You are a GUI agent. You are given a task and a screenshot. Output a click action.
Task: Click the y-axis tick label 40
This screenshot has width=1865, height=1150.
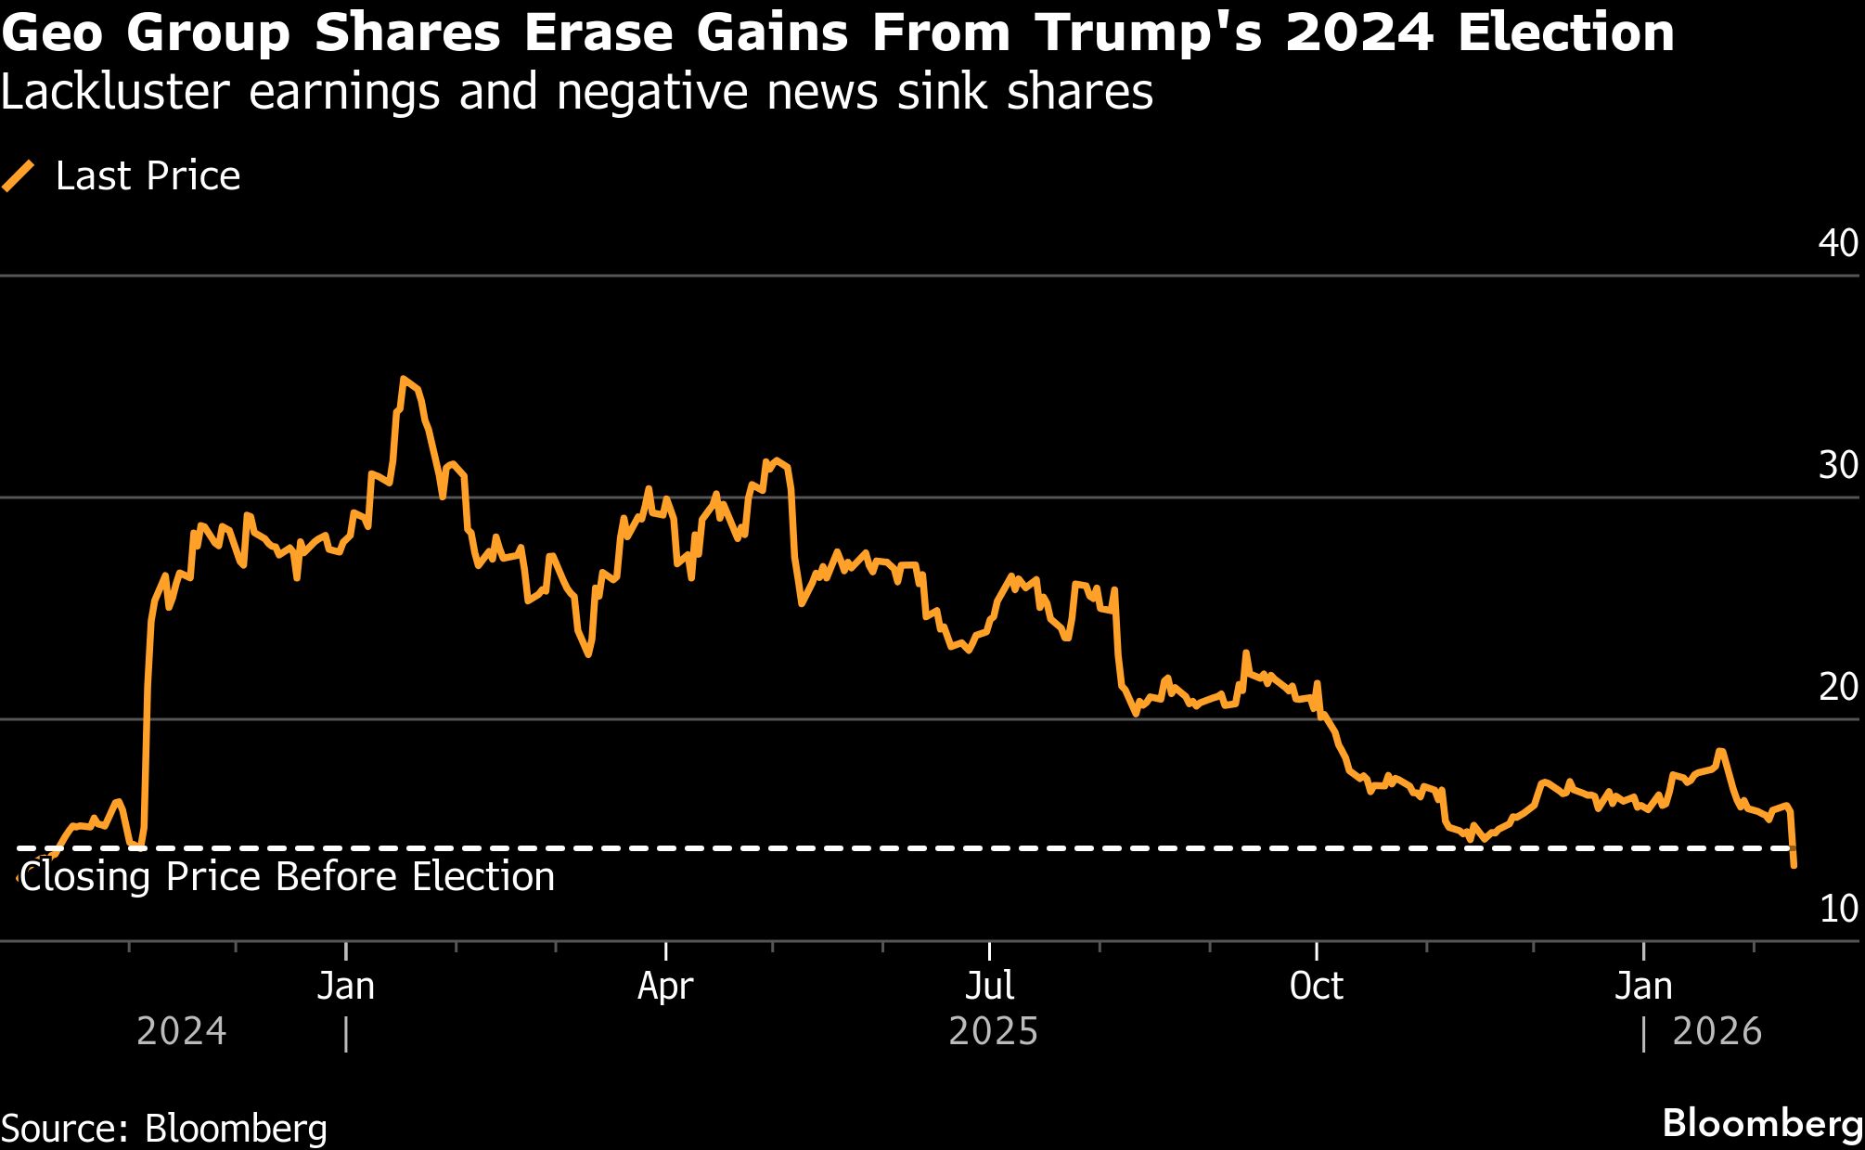1838,243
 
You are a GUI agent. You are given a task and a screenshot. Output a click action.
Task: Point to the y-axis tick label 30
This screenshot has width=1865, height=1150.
1838,466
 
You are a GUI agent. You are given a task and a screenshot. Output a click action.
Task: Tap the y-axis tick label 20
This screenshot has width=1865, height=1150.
1838,688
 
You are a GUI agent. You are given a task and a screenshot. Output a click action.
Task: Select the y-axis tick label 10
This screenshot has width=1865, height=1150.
1838,910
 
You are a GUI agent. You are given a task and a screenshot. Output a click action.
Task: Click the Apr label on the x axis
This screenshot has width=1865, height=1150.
665,986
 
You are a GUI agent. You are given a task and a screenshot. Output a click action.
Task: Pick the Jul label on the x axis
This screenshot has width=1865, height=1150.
989,986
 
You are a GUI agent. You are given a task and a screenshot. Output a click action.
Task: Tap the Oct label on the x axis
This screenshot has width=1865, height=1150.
1316,986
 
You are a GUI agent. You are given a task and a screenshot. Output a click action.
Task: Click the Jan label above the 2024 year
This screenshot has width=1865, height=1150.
345,986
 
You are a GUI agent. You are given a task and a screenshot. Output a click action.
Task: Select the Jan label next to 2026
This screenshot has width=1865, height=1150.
1643,986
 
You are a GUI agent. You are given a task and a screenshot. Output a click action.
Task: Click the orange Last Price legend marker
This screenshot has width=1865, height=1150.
19,176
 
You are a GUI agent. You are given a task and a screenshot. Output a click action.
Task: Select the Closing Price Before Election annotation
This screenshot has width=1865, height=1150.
287,877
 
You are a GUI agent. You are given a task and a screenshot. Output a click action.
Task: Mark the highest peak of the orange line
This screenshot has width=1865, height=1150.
403,379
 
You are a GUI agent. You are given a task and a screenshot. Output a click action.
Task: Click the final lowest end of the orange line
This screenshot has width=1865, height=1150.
1794,866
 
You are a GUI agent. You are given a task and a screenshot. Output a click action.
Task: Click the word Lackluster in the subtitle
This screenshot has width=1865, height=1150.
114,92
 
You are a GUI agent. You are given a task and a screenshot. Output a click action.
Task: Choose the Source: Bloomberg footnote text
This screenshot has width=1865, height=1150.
164,1129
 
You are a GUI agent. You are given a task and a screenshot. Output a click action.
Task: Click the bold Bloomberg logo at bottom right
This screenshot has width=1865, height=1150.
1762,1123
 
